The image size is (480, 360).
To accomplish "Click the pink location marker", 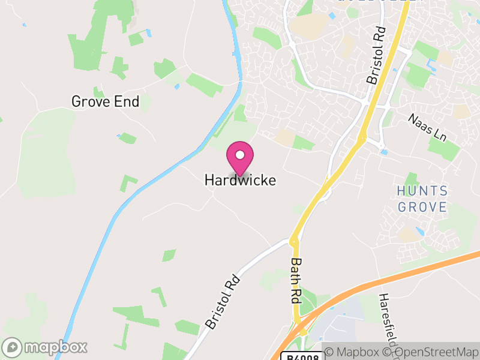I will tap(240, 158).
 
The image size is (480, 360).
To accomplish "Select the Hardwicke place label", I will tap(240, 180).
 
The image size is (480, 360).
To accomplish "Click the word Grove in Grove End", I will tap(91, 102).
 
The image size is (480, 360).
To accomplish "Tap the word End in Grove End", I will tap(128, 102).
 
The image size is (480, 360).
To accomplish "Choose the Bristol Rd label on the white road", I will tap(222, 302).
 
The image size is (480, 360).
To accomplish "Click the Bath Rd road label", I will tap(296, 280).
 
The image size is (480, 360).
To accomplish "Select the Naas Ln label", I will tap(427, 127).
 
